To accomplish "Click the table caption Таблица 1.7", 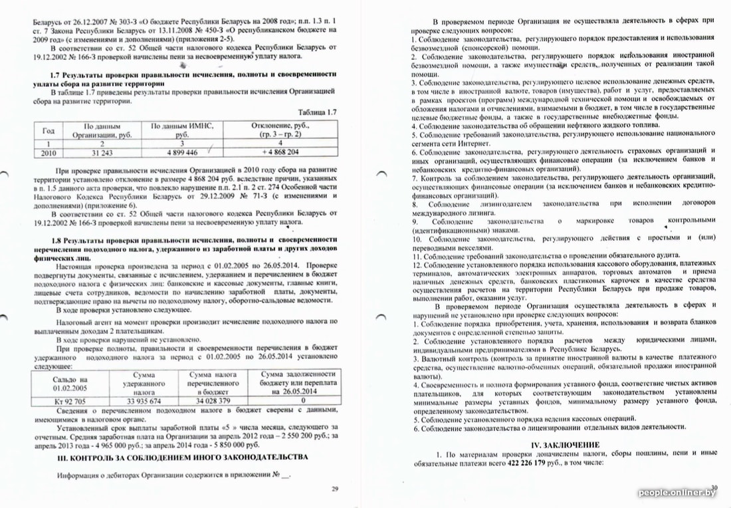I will (x=317, y=112).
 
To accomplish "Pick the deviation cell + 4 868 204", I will (x=280, y=152).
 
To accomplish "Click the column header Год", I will (x=48, y=130).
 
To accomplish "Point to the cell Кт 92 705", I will (x=70, y=401).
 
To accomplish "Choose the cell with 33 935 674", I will (x=142, y=401).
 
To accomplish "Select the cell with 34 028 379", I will (x=214, y=401).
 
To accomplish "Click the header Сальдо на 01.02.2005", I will (x=70, y=384).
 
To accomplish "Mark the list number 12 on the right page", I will (x=417, y=265).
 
